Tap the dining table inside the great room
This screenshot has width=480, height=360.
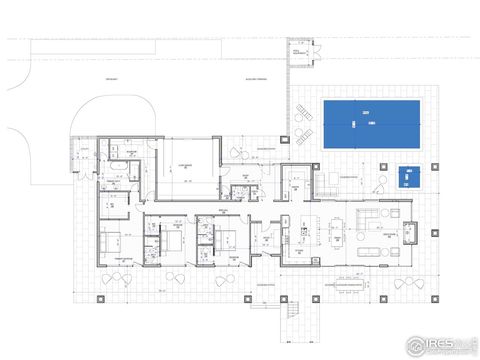[337, 232]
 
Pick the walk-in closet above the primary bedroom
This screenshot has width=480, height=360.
[117, 211]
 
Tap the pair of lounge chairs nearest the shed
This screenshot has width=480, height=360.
[304, 116]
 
